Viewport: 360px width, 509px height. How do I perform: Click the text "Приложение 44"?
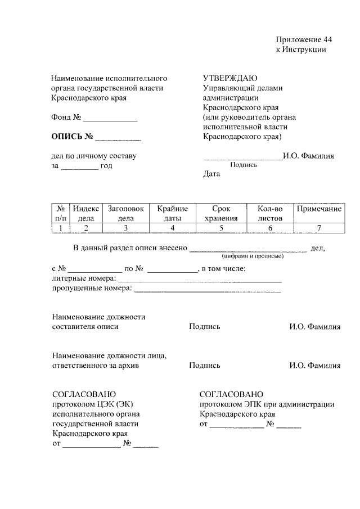304,39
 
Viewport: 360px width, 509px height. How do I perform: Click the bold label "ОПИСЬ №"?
71,137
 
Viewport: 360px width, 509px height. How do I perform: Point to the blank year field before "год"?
79,166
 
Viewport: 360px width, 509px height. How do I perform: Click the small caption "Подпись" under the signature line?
244,165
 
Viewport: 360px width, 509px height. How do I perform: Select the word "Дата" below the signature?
211,174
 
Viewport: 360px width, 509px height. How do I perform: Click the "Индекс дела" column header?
86,213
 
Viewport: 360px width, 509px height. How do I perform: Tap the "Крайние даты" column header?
173,213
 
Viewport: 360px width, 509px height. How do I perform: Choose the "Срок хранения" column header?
222,213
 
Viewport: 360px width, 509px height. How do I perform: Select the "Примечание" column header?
319,209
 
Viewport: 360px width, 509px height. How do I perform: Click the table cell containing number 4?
173,228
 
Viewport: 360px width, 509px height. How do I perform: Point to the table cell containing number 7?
319,228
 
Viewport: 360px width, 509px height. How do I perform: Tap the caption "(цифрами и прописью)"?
248,255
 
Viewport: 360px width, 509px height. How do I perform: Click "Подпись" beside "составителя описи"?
205,327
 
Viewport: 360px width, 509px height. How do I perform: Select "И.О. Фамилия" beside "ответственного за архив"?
315,365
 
